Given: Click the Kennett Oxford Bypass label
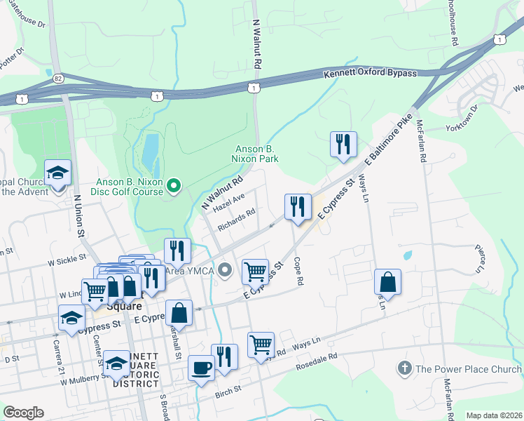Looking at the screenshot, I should [x=370, y=73].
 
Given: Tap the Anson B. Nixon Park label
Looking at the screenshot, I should [x=256, y=154].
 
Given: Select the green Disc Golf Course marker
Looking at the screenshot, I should [x=174, y=186].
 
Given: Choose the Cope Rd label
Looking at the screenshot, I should [x=299, y=270].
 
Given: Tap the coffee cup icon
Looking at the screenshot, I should [x=202, y=367].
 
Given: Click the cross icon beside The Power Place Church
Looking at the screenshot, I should [x=404, y=368].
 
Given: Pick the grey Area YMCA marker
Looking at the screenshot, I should [x=225, y=269].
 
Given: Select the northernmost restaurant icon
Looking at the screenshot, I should [x=343, y=144].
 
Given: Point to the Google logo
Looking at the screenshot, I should [x=23, y=413].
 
